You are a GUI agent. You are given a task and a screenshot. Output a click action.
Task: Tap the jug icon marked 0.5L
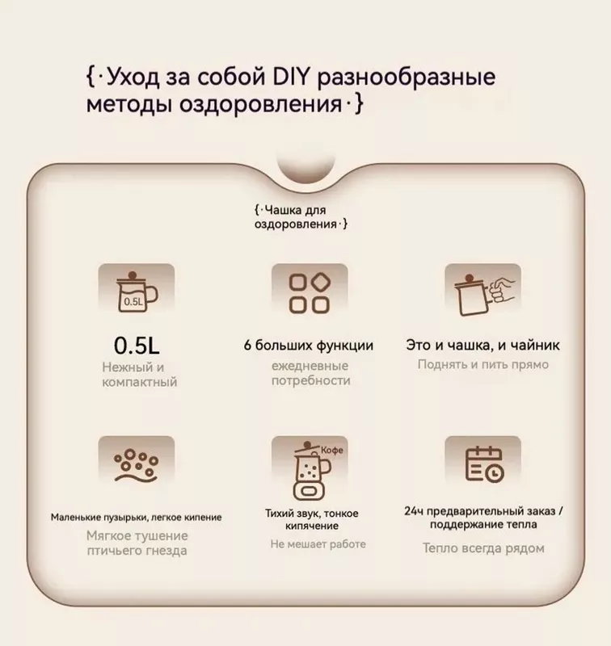[x=135, y=293]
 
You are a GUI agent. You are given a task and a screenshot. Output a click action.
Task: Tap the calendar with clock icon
[x=482, y=465]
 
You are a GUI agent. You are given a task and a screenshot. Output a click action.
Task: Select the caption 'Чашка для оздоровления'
[x=300, y=217]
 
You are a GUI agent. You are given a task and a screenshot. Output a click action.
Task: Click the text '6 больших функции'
[x=309, y=346]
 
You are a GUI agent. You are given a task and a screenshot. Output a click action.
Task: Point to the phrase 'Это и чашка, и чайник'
[x=482, y=346]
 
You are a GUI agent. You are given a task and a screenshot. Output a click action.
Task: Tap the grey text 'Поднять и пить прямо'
[x=482, y=364]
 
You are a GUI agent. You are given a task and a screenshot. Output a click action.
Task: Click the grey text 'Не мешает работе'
[x=318, y=544]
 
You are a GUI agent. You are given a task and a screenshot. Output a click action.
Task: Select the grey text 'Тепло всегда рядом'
[x=482, y=548]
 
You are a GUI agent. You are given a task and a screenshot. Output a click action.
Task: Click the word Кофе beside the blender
[x=333, y=450]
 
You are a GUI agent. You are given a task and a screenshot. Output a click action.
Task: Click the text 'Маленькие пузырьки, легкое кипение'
[x=136, y=517]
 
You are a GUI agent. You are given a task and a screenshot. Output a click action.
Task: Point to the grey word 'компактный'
[x=140, y=381]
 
